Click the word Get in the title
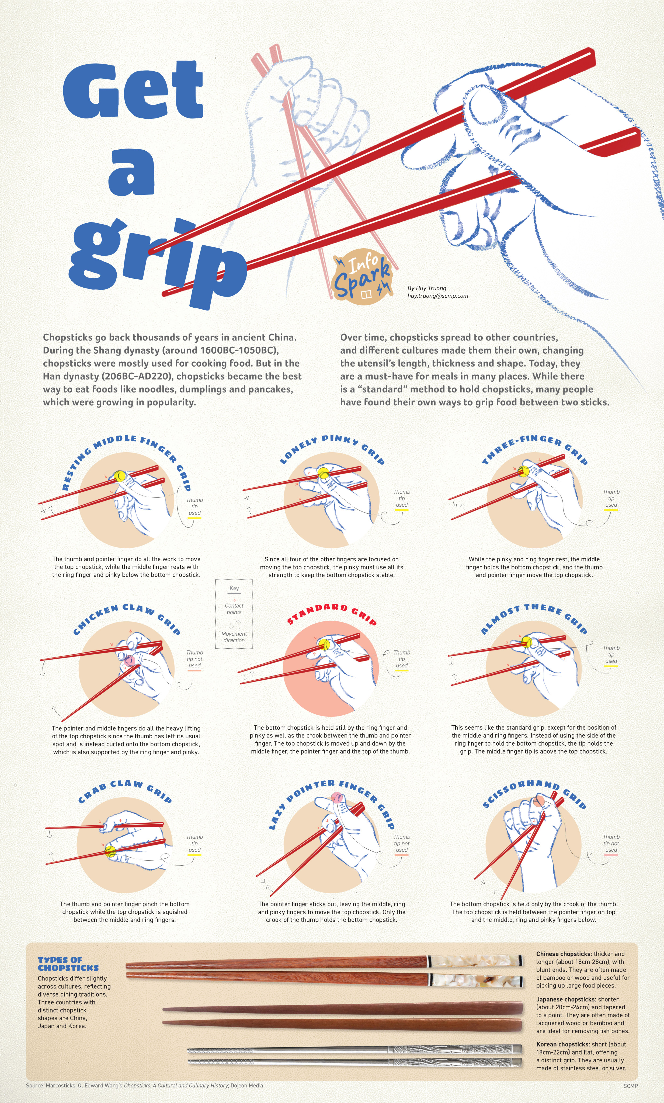(x=133, y=91)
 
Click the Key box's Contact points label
(x=234, y=609)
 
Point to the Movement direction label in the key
(x=234, y=637)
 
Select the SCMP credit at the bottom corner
(x=630, y=1085)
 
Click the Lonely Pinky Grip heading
(x=332, y=447)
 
